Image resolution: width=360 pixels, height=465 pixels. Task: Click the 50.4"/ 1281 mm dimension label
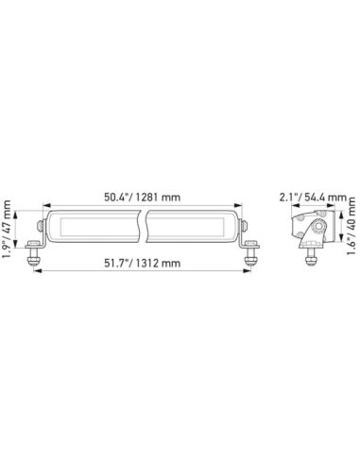pos(143,198)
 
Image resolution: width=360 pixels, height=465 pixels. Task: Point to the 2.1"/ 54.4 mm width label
pos(305,198)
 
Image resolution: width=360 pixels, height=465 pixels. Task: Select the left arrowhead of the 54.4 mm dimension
pos(293,210)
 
